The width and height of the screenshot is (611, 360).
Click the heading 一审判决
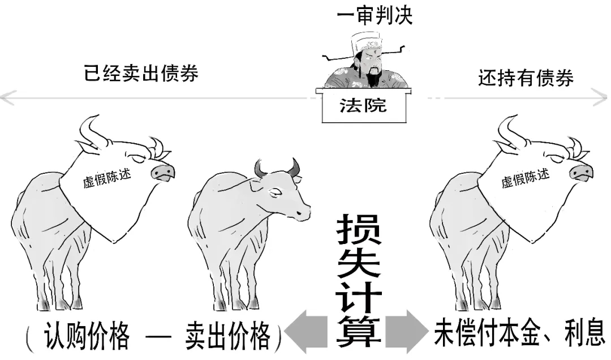pos(375,15)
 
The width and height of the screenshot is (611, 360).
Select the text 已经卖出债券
pos(141,74)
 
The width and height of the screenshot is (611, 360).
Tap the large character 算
pos(359,331)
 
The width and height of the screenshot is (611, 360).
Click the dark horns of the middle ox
pos(277,167)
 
